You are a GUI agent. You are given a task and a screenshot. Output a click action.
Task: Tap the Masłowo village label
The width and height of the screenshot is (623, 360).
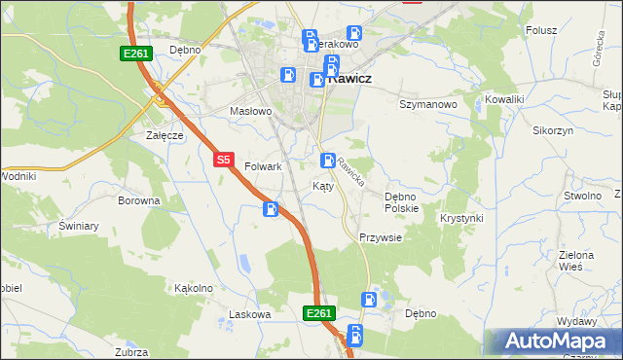[x=250, y=111]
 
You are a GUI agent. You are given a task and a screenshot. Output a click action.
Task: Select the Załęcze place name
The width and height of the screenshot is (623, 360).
[x=165, y=135]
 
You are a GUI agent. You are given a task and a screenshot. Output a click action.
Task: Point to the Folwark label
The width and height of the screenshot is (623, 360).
[x=263, y=166]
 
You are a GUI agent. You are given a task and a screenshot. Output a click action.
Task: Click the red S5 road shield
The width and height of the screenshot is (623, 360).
[x=224, y=160]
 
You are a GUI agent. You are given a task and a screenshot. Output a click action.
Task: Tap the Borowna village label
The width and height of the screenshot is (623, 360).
[x=138, y=200]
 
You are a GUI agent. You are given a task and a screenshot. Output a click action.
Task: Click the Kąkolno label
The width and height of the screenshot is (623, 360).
[x=193, y=288]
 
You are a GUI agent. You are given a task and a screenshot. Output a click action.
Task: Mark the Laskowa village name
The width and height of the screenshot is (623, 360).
[x=248, y=314]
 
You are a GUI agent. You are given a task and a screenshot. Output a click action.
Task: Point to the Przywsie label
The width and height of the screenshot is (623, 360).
[x=381, y=237]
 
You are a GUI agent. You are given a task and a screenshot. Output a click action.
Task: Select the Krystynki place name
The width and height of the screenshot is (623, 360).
[x=461, y=218]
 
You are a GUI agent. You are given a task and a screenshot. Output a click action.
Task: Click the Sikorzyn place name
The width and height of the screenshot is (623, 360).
[x=553, y=129]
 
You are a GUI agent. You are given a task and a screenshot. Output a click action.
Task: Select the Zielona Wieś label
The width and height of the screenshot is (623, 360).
[x=576, y=261]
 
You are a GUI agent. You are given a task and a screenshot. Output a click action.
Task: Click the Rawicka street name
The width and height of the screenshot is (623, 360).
[x=351, y=172]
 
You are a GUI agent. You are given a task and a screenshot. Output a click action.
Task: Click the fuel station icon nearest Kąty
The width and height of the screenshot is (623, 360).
[x=329, y=160]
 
